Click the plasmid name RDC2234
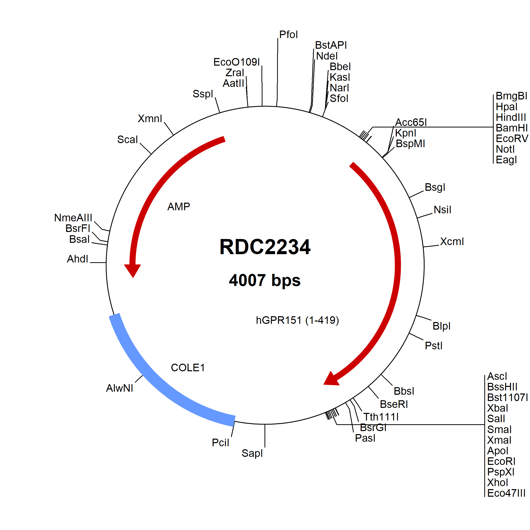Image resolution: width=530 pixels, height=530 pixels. coord(265,247)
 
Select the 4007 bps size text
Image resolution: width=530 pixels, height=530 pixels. coord(265,280)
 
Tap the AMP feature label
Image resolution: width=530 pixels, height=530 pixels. coord(179,206)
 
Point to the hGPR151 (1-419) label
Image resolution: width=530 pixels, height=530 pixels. coord(297,320)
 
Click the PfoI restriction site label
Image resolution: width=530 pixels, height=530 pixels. coord(288,35)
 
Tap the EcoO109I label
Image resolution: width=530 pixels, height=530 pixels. coord(236,62)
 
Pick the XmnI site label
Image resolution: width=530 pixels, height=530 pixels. coord(150,119)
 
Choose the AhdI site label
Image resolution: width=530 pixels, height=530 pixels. coord(78,259)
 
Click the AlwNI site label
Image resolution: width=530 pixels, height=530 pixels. coord(119,388)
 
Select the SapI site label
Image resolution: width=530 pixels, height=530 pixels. coord(252,453)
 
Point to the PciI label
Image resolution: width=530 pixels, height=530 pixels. coord(220,442)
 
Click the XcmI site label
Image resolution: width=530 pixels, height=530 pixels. coord(452,242)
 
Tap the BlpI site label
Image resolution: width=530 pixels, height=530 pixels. coord(441,326)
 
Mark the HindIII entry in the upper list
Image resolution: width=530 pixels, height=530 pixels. coord(511,117)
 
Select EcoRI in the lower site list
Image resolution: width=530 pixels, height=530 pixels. coord(501,461)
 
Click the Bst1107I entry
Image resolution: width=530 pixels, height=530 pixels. coord(507,397)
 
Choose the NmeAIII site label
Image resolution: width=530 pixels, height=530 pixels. coord(73,218)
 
